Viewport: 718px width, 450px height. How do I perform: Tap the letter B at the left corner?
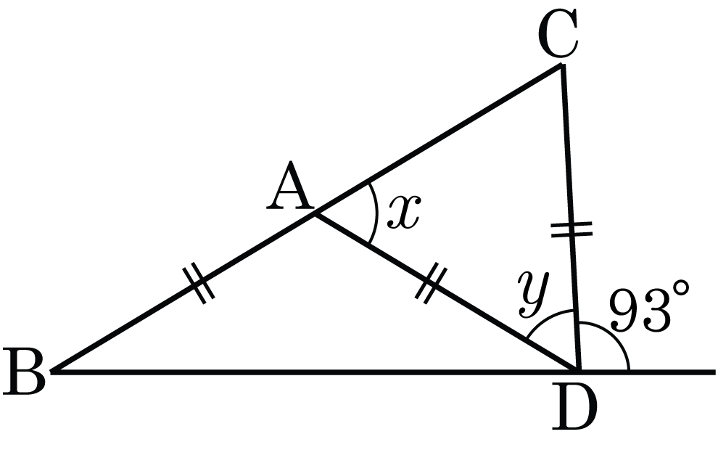[23, 372]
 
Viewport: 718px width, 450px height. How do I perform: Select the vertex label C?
[558, 36]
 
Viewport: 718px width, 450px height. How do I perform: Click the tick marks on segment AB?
[199, 283]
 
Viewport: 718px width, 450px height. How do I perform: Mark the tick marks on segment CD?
[571, 230]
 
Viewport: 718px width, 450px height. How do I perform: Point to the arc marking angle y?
[548, 319]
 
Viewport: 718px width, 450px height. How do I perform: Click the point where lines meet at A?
[314, 213]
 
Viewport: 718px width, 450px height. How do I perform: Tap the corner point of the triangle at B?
[52, 372]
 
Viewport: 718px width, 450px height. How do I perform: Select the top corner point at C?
[561, 65]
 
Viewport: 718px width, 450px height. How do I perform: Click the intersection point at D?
[579, 372]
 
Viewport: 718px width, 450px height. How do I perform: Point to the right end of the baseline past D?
[714, 372]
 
